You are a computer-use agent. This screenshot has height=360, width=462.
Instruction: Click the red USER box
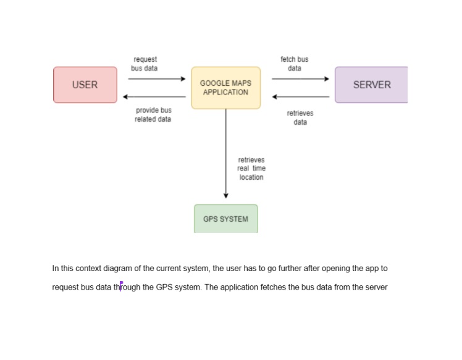point(85,85)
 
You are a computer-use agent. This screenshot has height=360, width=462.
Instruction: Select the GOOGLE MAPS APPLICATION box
point(225,88)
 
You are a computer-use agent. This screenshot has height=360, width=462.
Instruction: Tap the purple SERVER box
point(371,85)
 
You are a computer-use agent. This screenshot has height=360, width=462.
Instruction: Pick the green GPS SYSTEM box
point(225,219)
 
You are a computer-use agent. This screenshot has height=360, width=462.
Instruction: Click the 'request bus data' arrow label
point(145,64)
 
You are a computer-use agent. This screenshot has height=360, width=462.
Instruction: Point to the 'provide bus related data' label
point(153,115)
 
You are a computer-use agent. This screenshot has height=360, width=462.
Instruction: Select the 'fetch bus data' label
point(294,64)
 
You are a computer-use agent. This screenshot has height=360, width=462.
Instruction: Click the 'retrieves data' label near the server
point(300,118)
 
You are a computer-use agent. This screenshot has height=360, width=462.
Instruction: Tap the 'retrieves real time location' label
point(251,169)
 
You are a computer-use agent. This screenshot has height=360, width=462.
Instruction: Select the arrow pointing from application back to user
point(154,97)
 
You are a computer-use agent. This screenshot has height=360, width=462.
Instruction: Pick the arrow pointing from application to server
point(300,79)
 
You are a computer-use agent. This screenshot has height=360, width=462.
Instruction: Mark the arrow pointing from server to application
point(301,97)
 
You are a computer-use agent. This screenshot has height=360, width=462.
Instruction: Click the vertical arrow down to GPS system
point(226,154)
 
